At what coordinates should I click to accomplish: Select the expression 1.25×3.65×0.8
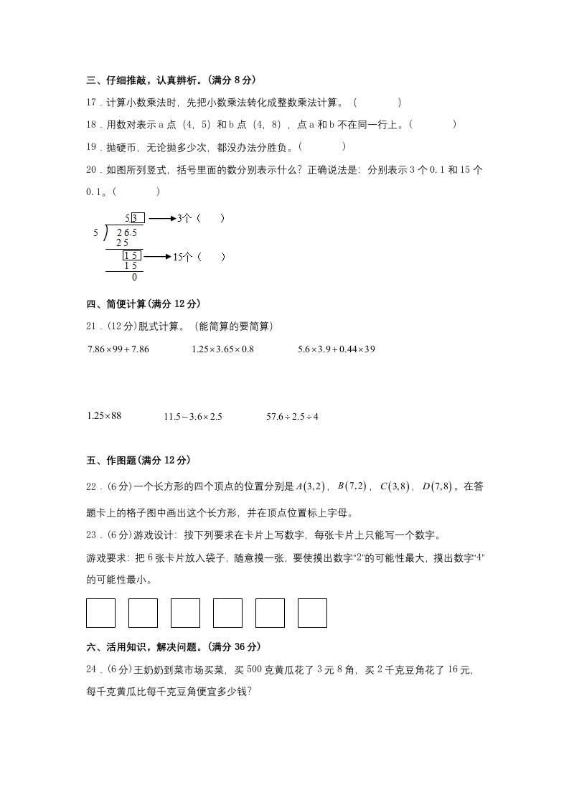click(222, 349)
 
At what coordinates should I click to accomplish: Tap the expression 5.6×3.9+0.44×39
click(337, 349)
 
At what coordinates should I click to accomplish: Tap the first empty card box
click(100, 613)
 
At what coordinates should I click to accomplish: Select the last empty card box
click(312, 613)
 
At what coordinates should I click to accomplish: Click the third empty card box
click(185, 613)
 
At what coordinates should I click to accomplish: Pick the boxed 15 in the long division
click(131, 256)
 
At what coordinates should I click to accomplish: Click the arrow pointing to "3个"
click(161, 218)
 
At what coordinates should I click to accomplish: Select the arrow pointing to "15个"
click(157, 256)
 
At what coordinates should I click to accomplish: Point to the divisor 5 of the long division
click(95, 233)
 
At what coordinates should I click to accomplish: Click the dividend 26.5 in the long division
click(126, 233)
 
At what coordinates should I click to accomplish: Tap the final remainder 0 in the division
click(134, 277)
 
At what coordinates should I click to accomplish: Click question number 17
click(91, 103)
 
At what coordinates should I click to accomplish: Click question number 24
click(91, 670)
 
